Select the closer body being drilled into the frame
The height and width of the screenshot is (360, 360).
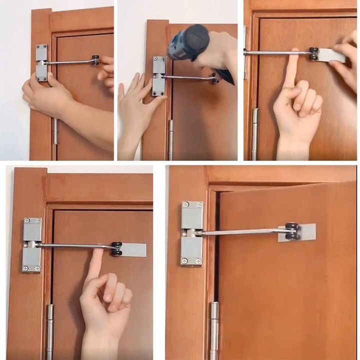[159, 76]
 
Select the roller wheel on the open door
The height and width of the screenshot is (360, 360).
[291, 231]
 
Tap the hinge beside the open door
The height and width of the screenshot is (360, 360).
[214, 330]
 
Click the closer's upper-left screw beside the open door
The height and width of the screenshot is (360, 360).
[185, 205]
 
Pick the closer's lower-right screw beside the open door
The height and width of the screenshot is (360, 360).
[198, 260]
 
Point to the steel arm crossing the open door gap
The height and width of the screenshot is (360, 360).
[240, 232]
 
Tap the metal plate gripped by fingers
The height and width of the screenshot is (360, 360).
[330, 55]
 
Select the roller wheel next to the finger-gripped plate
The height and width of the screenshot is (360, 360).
[313, 53]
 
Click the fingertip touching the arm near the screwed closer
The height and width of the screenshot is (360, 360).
[97, 252]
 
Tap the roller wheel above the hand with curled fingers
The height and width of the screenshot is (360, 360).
[116, 249]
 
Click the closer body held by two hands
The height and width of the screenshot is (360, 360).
[42, 62]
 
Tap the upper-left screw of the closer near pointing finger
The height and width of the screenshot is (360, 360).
[26, 221]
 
